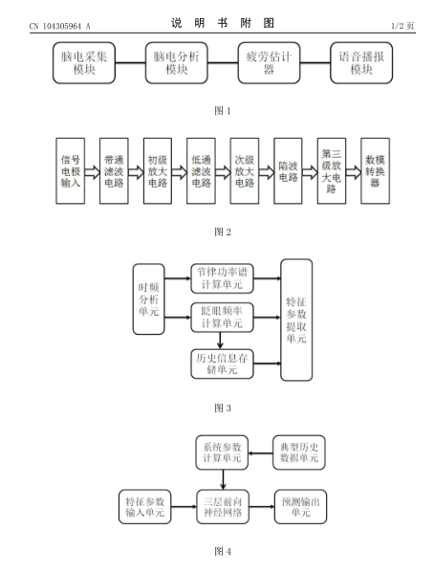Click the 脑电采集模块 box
[x=84, y=62]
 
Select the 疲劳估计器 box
[x=269, y=62]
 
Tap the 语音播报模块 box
[x=361, y=62]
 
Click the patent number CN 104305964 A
[x=59, y=26]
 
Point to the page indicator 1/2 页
[x=402, y=26]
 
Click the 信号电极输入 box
[x=70, y=170]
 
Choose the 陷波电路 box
[x=288, y=170]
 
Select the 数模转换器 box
[x=375, y=170]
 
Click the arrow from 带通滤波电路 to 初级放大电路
[x=136, y=172]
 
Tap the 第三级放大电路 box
[x=332, y=170]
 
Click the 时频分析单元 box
[x=148, y=299]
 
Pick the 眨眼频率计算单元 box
[x=222, y=317]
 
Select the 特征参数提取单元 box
[x=296, y=320]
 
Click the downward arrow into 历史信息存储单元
[x=220, y=341]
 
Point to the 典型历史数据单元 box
[x=299, y=453]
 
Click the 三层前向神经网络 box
[x=223, y=507]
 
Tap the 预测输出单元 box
[x=300, y=507]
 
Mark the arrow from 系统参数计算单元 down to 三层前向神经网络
[x=223, y=479]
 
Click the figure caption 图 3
[x=223, y=408]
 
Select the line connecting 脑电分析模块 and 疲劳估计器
[x=223, y=62]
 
